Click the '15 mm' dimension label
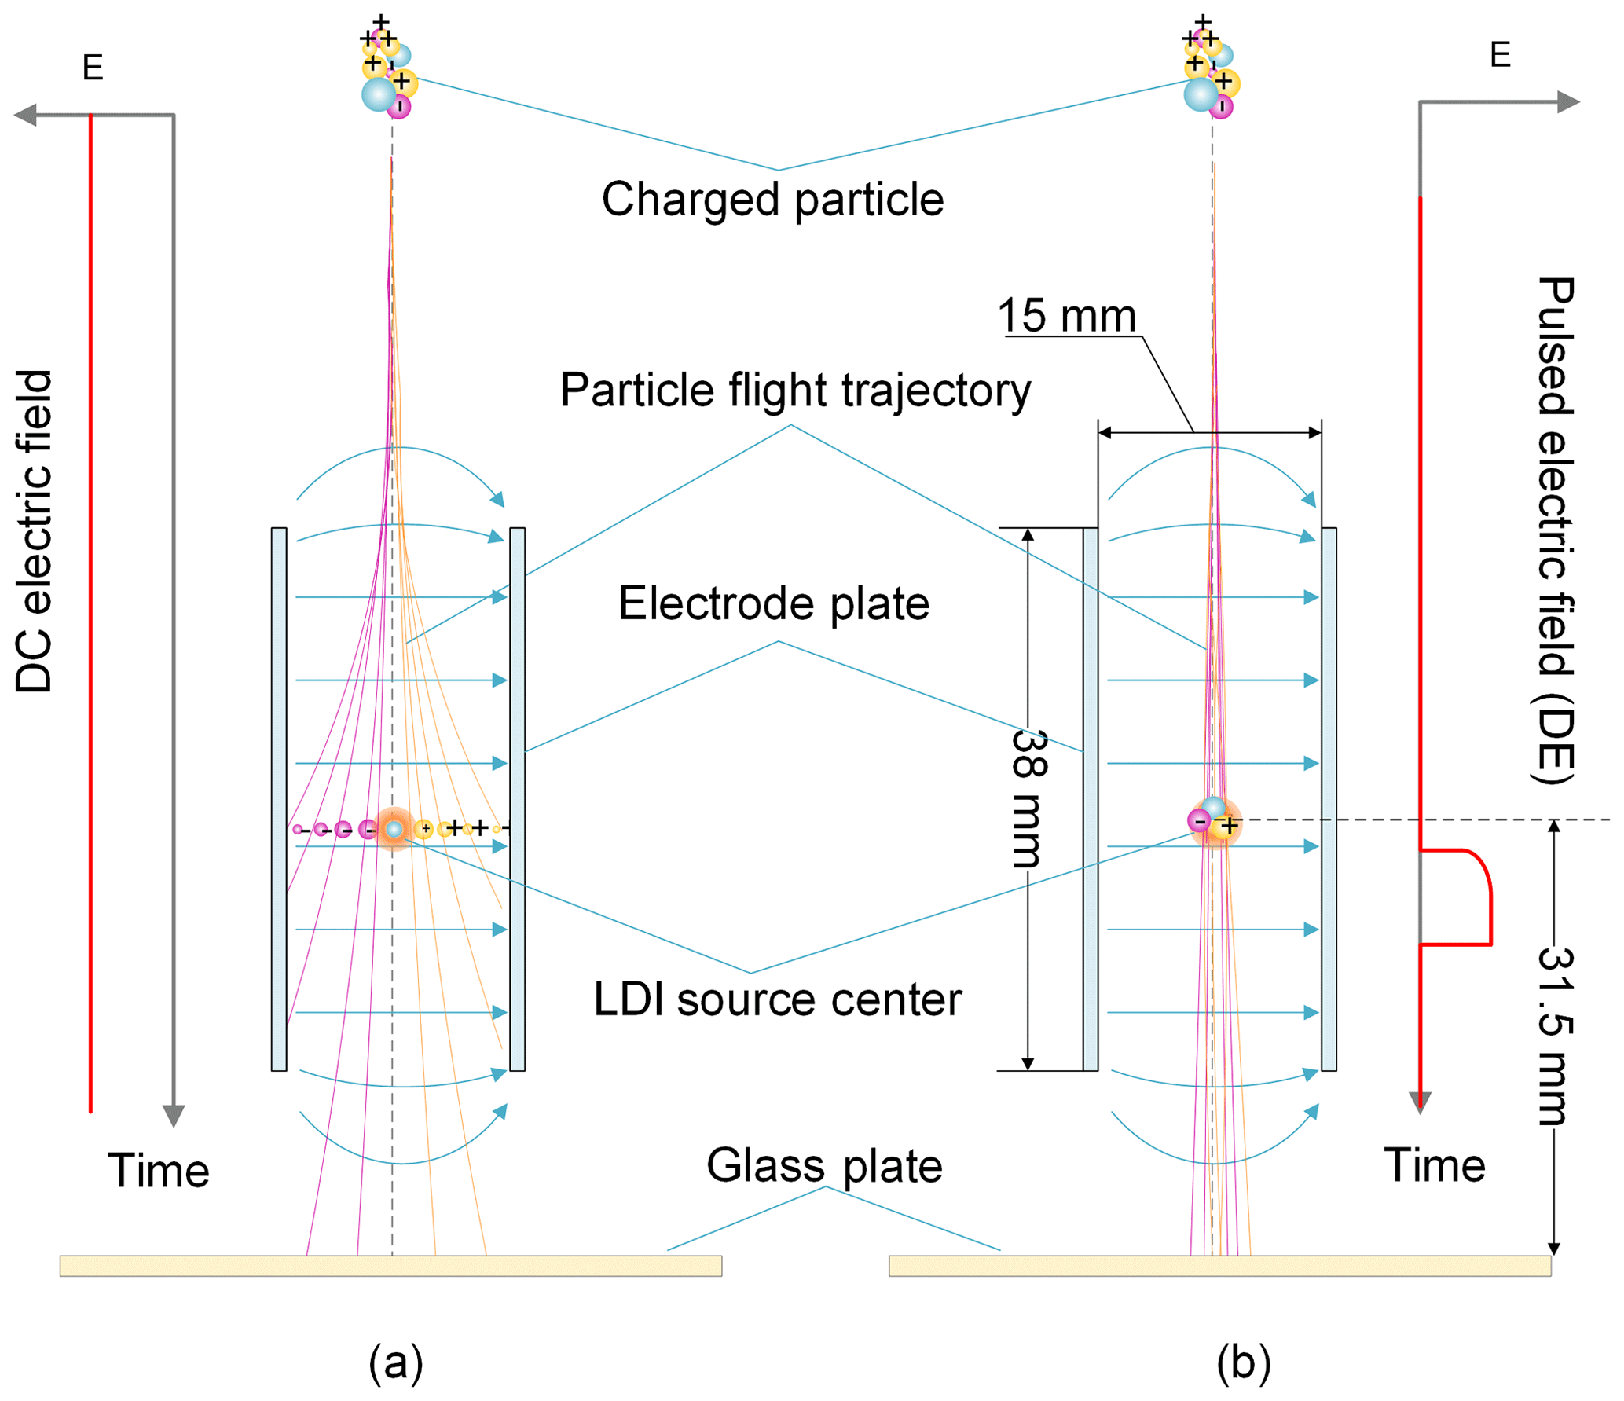[1065, 316]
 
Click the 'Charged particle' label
[772, 199]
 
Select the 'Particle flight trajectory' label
[794, 390]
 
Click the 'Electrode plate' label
[773, 603]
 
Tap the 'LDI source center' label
[777, 999]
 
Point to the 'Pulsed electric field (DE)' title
[1555, 530]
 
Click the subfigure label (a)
[395, 1362]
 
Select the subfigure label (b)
[1243, 1362]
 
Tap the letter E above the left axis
[93, 68]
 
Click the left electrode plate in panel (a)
[279, 798]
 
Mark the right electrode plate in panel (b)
[1328, 798]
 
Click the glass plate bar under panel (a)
[390, 1265]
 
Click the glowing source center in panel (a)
[394, 828]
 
